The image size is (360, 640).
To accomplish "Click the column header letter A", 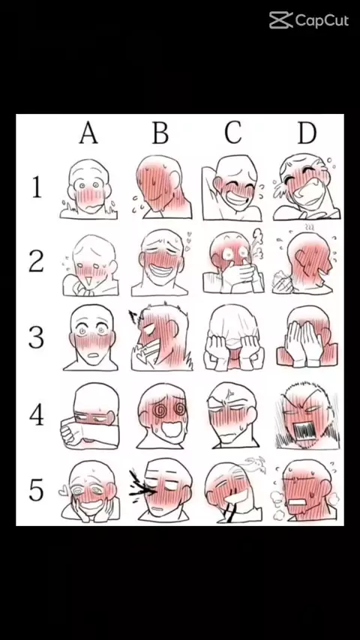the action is [x=88, y=133].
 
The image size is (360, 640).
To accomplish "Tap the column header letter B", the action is [x=160, y=133].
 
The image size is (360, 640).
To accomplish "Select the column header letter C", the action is [x=233, y=133].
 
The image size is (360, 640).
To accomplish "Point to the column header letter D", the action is [x=307, y=133].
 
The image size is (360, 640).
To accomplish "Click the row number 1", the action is [x=37, y=187].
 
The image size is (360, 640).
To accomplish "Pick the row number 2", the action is [x=36, y=262].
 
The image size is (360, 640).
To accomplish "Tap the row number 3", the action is [x=36, y=337].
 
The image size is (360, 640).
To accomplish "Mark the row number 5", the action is [x=36, y=490].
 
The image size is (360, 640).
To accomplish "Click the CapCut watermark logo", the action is [x=308, y=20].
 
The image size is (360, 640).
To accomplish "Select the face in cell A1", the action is [x=88, y=189].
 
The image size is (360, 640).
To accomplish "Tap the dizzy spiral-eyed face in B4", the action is [x=162, y=416].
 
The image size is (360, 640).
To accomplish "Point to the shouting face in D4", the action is [x=307, y=416].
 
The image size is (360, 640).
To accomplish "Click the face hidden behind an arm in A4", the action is [x=90, y=416].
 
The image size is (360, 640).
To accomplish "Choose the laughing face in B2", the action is [x=160, y=262].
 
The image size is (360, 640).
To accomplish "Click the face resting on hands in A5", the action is [x=90, y=492].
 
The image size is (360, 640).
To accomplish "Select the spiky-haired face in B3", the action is [x=161, y=336].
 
